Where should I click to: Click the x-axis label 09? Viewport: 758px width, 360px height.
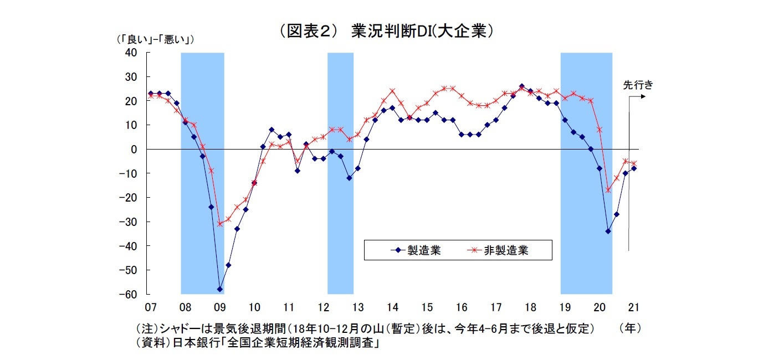click(219, 307)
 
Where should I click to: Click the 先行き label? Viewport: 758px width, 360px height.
click(638, 85)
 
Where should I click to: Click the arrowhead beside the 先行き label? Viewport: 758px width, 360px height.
click(643, 96)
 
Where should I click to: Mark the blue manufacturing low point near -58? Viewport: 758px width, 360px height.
click(219, 289)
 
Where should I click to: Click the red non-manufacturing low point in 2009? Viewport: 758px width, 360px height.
click(219, 224)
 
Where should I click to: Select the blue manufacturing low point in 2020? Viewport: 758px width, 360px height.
click(608, 231)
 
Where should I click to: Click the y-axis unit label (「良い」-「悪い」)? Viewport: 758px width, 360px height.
click(155, 39)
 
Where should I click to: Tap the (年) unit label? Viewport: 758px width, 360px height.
click(630, 328)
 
